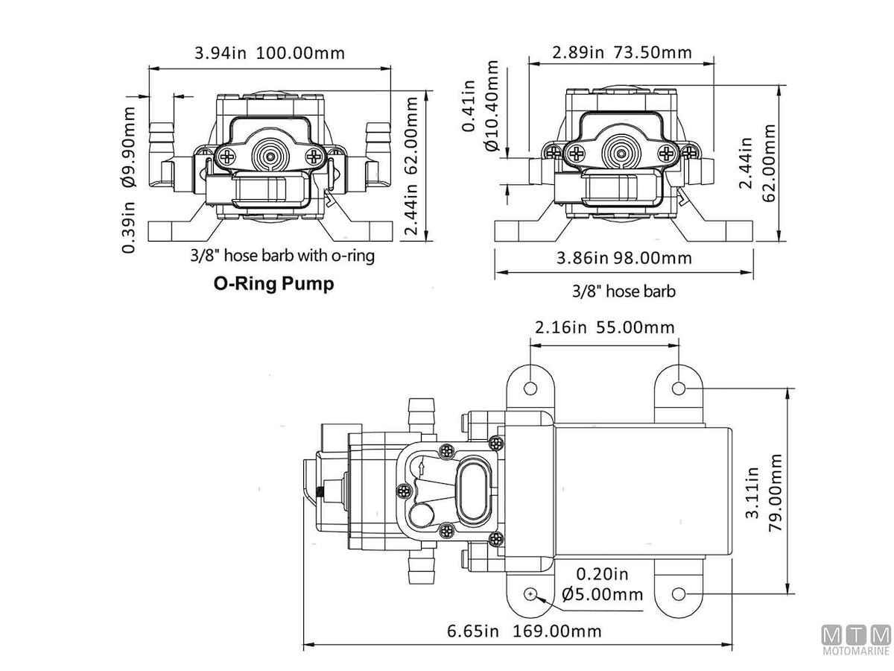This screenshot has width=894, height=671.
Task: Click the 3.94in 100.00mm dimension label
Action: pyautogui.click(x=270, y=54)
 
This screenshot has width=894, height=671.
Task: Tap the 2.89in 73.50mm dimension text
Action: pyautogui.click(x=621, y=52)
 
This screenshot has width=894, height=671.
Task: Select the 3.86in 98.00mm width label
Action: pyautogui.click(x=624, y=258)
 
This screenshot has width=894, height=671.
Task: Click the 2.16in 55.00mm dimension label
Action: pyautogui.click(x=604, y=327)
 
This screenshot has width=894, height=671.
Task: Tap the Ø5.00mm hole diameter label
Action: pyautogui.click(x=603, y=594)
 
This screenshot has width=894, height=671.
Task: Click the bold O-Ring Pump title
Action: pyautogui.click(x=273, y=284)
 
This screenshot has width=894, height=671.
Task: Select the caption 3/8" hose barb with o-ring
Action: pyautogui.click(x=282, y=256)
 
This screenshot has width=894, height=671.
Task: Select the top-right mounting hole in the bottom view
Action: pyautogui.click(x=679, y=388)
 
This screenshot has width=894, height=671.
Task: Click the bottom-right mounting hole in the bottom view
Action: pyautogui.click(x=679, y=593)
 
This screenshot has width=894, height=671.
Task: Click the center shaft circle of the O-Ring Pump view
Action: pyautogui.click(x=268, y=155)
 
